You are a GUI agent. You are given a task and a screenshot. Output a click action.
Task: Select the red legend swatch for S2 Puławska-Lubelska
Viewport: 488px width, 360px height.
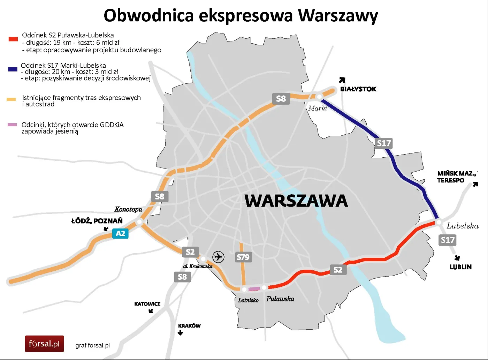[13, 39]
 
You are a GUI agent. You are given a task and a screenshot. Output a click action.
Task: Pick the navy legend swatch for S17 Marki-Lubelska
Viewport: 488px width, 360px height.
[13, 69]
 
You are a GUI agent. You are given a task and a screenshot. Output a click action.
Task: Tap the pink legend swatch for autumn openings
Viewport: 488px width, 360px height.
[12, 125]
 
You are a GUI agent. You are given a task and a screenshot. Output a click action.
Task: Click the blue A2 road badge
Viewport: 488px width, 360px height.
[120, 233]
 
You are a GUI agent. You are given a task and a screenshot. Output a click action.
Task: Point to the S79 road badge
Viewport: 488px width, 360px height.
[243, 257]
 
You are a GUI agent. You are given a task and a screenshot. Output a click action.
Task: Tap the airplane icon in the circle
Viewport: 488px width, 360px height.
[218, 257]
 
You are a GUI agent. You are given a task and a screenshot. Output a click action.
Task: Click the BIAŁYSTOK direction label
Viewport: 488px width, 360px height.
[358, 89]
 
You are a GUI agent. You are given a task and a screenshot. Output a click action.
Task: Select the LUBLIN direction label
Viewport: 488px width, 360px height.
[460, 267]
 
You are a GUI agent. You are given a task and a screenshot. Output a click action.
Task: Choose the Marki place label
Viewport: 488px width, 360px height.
[318, 108]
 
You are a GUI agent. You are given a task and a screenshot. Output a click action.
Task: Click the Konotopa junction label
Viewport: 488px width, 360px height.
[128, 209]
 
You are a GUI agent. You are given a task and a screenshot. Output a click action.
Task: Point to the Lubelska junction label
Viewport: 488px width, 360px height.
[463, 226]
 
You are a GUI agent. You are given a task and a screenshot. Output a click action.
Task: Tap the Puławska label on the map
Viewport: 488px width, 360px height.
[280, 299]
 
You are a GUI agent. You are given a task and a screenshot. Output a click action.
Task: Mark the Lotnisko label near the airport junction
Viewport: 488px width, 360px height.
[248, 300]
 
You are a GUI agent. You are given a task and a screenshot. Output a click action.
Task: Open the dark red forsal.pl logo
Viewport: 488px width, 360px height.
[44, 344]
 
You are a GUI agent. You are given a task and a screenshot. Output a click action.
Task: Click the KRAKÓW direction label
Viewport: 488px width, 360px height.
[189, 326]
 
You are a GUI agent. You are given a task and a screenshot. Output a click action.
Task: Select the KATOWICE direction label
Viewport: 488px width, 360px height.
[147, 304]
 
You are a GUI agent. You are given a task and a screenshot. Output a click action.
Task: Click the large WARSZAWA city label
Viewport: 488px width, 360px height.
[296, 201]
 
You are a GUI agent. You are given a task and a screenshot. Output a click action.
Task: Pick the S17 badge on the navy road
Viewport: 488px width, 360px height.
[383, 143]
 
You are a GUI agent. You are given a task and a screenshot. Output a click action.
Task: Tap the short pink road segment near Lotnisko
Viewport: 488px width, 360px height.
[254, 289]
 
